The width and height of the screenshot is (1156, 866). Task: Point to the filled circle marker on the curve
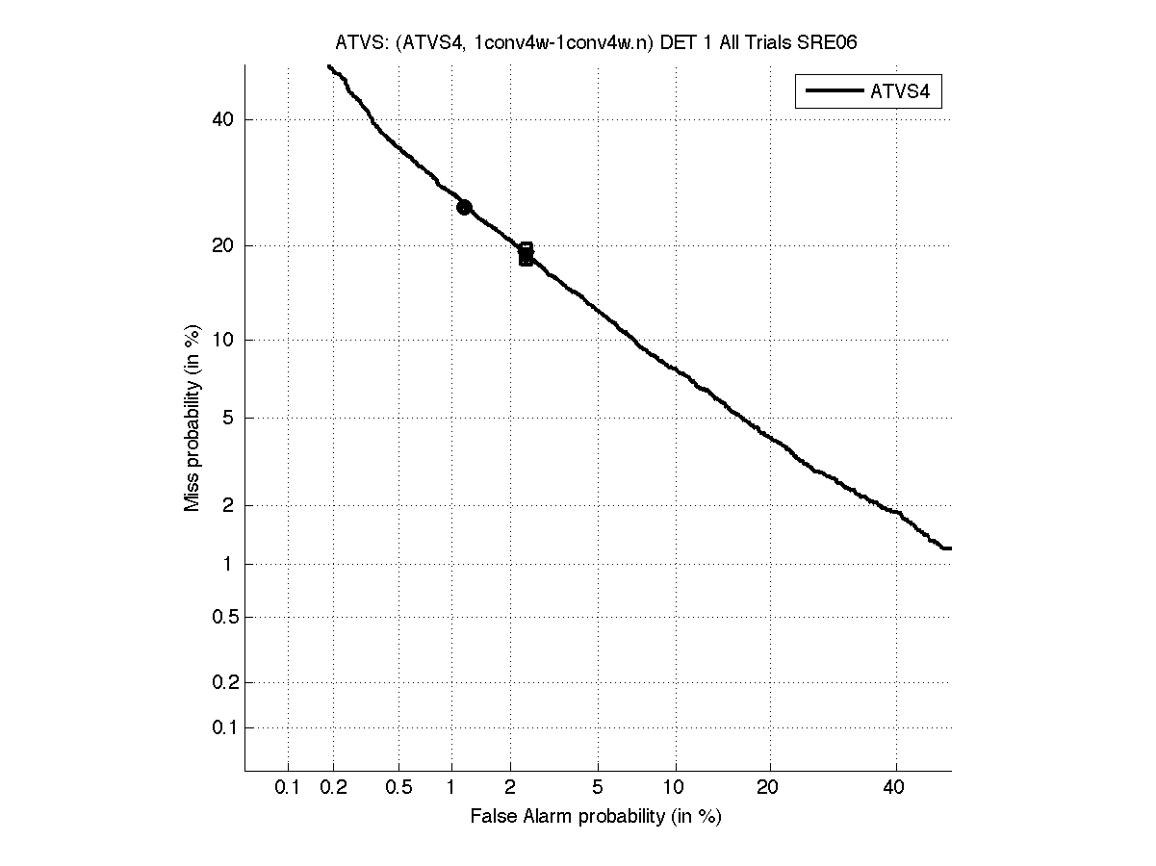click(464, 207)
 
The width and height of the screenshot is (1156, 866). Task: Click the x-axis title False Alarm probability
click(596, 816)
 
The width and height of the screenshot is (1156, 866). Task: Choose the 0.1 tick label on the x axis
click(288, 787)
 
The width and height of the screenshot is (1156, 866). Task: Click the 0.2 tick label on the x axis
click(334, 787)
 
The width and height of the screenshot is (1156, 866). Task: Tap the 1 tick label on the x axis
click(450, 787)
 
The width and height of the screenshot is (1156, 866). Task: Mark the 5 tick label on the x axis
click(598, 787)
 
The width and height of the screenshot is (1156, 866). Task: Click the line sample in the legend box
click(834, 92)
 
